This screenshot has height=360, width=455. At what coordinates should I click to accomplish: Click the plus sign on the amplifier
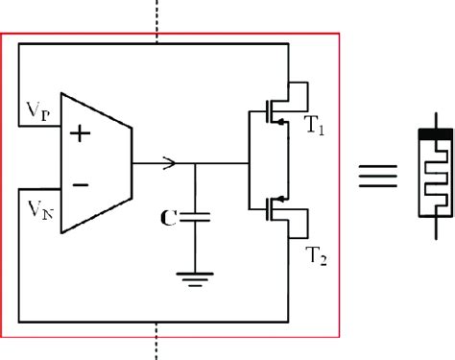[80, 134]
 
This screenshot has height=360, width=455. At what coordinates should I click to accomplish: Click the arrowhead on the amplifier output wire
[170, 161]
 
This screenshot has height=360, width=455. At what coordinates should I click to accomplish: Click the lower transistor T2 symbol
[279, 214]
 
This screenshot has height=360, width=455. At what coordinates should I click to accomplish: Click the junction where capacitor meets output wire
[196, 161]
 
